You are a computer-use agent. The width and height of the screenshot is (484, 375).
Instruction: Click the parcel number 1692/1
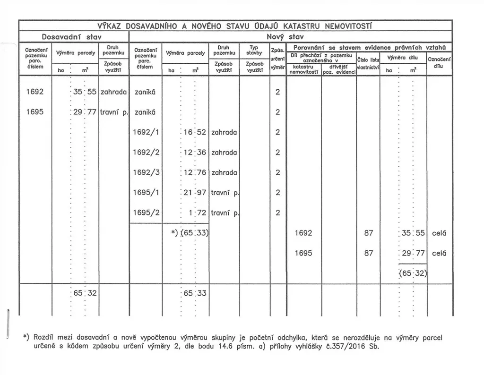[146, 132]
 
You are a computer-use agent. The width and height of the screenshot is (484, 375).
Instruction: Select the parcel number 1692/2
[146, 153]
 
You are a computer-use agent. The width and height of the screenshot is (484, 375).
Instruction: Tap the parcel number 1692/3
[146, 172]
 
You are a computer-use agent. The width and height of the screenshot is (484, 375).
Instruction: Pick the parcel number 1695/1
[146, 193]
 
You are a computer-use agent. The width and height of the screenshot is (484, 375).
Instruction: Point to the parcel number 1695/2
[146, 213]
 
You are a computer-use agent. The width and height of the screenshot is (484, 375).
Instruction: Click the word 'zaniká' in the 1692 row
[145, 92]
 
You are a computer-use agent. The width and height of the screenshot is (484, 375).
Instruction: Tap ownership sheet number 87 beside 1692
[369, 233]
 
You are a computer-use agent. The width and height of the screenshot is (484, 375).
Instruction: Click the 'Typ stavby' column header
[254, 50]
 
